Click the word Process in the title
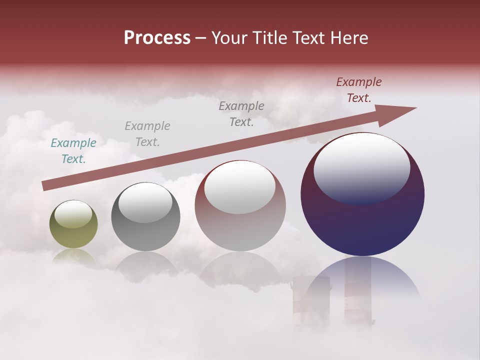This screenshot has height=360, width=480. click(157, 38)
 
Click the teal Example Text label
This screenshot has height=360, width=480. click(73, 150)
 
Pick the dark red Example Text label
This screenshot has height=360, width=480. click(358, 90)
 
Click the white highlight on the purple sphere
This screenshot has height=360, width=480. click(361, 167)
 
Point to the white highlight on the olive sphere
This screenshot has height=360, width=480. click(73, 214)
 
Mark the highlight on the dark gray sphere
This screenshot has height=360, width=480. click(145, 202)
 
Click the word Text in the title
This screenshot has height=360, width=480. click(306, 38)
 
